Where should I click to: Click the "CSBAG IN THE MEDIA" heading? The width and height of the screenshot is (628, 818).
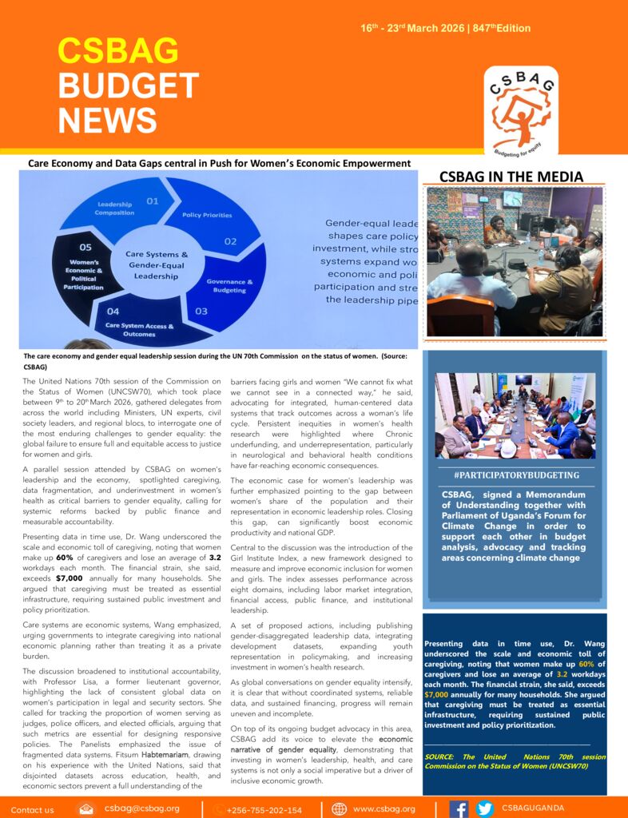point(511,177)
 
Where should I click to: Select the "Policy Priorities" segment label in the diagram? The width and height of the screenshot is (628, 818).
point(207,215)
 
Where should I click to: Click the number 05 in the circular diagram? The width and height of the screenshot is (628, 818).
point(85,248)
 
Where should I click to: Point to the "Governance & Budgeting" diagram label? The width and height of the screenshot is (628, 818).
point(230,286)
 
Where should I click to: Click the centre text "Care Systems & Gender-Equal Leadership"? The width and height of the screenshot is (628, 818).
point(157,265)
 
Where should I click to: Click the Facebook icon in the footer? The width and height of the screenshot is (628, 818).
point(459,808)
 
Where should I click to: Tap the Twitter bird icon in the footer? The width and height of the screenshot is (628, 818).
point(484,808)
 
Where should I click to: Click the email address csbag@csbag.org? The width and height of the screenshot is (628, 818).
point(141,808)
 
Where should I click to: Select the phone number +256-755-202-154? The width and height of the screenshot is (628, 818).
point(264,809)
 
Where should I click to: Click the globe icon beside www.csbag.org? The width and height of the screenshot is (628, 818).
point(339,808)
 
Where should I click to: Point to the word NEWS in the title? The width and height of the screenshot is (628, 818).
point(108,120)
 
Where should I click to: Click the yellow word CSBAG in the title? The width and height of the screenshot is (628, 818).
point(117,51)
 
